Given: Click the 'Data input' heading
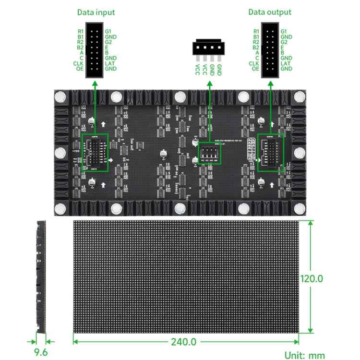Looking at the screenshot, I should pyautogui.click(x=96, y=12).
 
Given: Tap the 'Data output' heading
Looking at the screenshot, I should pyautogui.click(x=269, y=12).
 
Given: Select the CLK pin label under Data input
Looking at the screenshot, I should pyautogui.click(x=79, y=63).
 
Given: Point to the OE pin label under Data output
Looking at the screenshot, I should pyautogui.click(x=255, y=69).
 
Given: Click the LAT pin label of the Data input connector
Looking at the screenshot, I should pyautogui.click(x=109, y=63).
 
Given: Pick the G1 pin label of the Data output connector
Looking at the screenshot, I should pyautogui.click(x=284, y=31).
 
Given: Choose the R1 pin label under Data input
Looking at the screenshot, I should pyautogui.click(x=80, y=31).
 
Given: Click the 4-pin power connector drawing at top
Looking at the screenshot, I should pyautogui.click(x=207, y=48).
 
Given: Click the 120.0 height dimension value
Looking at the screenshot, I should pyautogui.click(x=311, y=278).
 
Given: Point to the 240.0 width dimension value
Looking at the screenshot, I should pyautogui.click(x=184, y=342).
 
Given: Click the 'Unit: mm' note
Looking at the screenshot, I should pyautogui.click(x=304, y=355).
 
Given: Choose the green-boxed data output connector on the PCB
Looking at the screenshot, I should pyautogui.click(x=271, y=153).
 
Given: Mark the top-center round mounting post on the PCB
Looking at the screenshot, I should pyautogui.click(x=180, y=96).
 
